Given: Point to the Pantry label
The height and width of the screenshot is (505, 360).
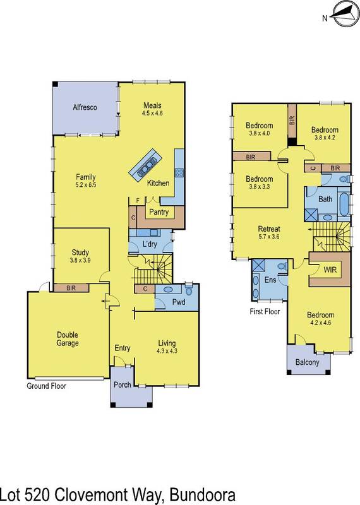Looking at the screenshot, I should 158,213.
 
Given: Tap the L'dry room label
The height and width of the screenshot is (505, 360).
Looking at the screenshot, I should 149,244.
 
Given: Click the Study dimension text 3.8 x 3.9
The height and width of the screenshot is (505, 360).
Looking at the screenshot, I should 81,261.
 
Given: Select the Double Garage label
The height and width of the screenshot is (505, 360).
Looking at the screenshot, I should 68,339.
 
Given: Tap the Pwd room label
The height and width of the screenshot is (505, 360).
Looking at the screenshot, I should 179,303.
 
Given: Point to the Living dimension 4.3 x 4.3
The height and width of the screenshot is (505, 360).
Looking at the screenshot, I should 170,352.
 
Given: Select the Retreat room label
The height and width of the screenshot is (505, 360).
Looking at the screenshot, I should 269,229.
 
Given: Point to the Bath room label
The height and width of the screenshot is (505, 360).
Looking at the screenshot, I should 325,199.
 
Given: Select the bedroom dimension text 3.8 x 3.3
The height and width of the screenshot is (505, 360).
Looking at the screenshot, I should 259,187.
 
